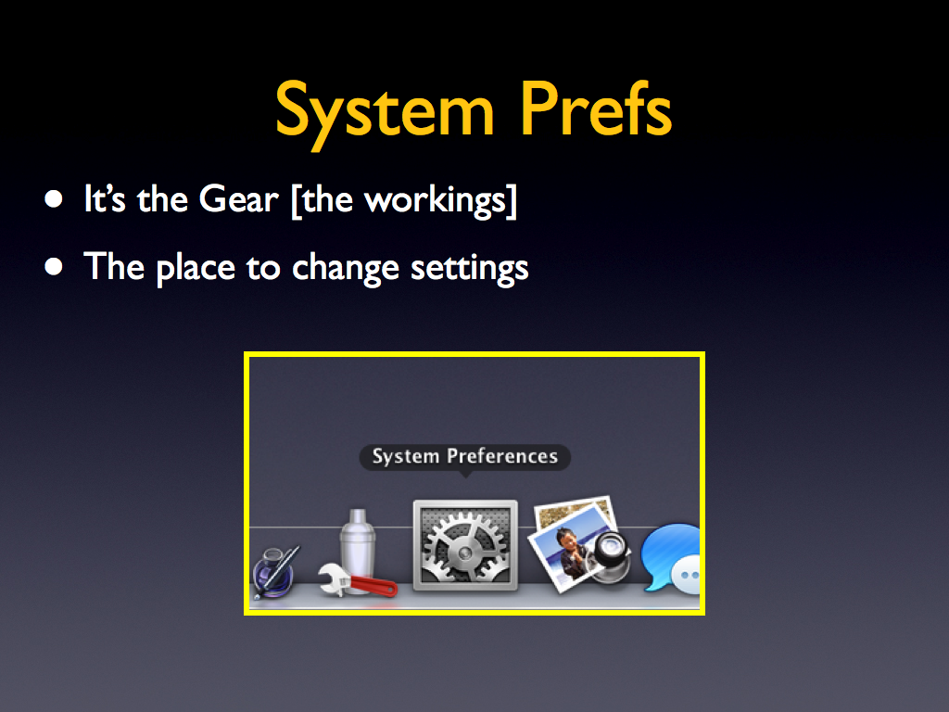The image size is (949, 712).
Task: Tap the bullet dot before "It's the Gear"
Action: pos(53,199)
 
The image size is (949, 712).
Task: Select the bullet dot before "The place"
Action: pos(53,266)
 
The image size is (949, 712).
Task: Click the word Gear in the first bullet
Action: pos(238,199)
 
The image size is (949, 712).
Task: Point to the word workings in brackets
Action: pos(435,201)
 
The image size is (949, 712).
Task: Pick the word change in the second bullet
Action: pos(346,268)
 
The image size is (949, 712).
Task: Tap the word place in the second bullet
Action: pos(196,268)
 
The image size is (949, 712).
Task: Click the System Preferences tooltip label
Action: pos(465,456)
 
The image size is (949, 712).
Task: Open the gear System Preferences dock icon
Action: pos(465,545)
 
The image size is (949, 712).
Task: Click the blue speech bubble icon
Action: pos(672,558)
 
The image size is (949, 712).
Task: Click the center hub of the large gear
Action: pos(465,553)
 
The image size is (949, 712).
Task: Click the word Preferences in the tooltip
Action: pos(502,456)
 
